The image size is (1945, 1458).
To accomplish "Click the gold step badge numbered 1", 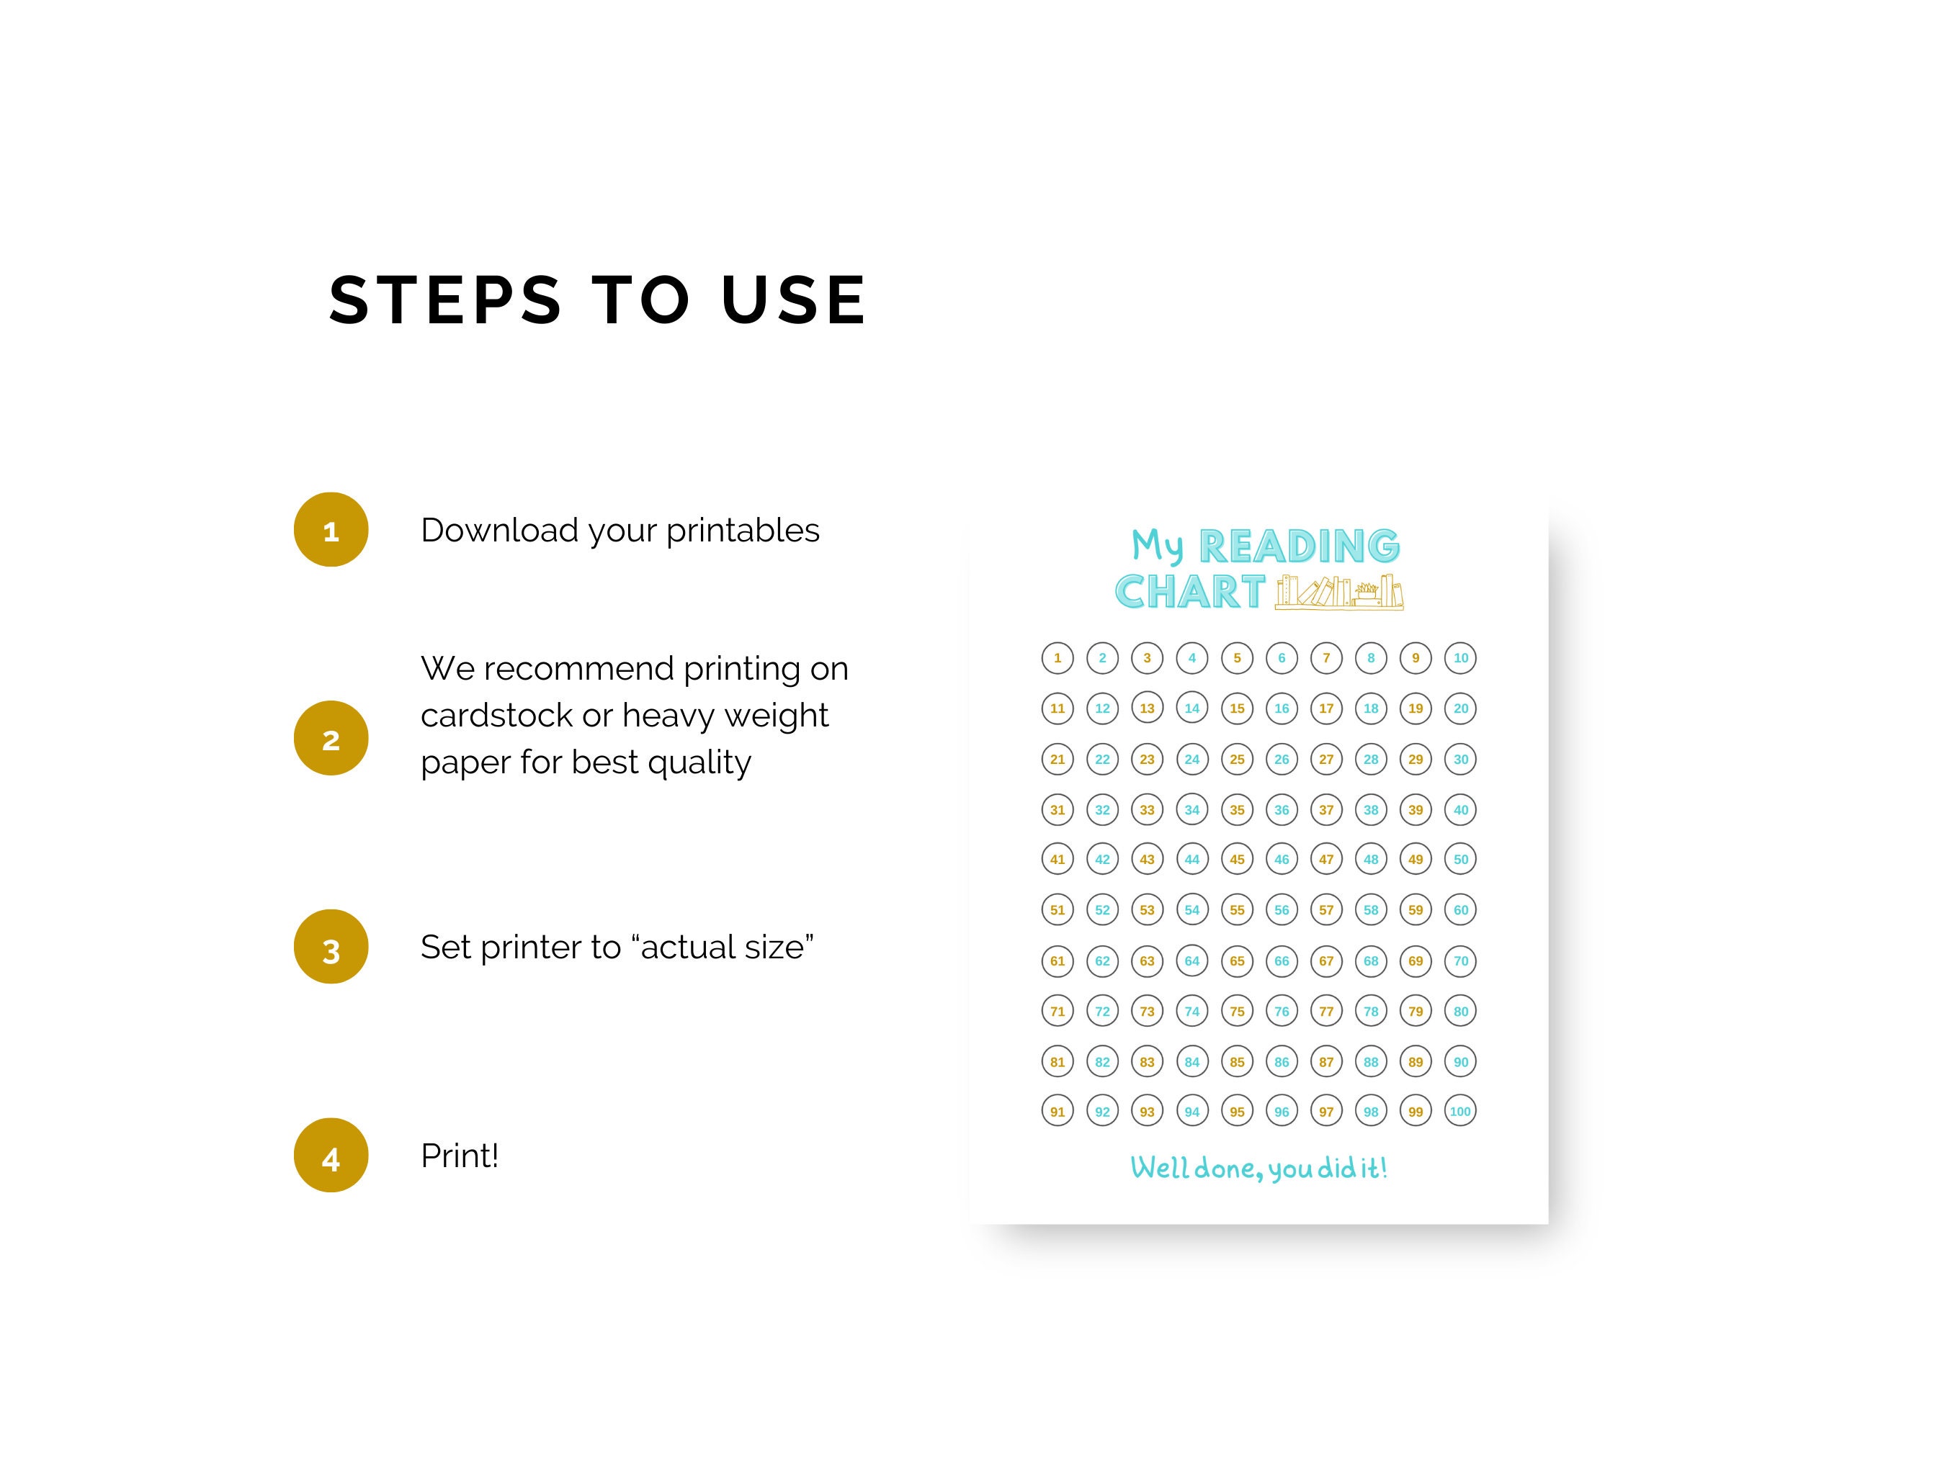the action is [x=331, y=529].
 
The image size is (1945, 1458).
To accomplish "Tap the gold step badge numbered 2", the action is [x=331, y=738].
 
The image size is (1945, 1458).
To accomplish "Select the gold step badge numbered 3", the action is [x=331, y=947].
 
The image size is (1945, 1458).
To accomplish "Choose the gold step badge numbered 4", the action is [x=331, y=1155].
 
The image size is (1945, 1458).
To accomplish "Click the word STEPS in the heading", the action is [x=445, y=300].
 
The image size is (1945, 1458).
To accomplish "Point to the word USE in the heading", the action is [x=794, y=300].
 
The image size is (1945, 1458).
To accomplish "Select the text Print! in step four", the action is [x=460, y=1156].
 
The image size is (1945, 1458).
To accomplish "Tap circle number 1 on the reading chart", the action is [x=1058, y=657].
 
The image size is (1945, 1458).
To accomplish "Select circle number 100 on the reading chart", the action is [x=1460, y=1111].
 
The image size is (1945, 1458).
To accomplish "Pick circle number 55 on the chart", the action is [x=1237, y=909].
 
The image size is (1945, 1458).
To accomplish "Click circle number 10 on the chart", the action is [x=1460, y=657].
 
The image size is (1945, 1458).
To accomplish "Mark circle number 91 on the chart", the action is [x=1058, y=1111].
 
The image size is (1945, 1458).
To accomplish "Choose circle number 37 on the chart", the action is [x=1326, y=809].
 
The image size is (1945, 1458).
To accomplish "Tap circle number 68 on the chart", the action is [x=1371, y=960].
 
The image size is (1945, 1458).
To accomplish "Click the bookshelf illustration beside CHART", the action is [x=1339, y=591].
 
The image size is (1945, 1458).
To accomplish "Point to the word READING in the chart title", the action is [x=1300, y=546].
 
